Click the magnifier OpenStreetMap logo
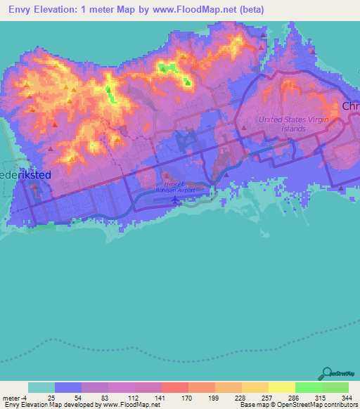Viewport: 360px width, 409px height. [x=328, y=373]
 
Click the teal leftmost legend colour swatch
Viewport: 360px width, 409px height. [x=41, y=387]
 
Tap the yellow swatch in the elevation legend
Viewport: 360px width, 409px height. [x=281, y=387]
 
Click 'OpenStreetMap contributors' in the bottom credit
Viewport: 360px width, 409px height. [x=319, y=405]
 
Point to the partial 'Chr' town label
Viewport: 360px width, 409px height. [x=350, y=106]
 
